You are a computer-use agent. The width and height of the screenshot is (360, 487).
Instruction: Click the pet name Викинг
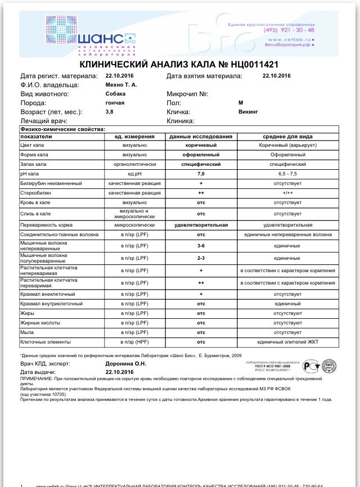248,112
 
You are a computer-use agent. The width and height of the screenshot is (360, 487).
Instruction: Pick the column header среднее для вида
287,137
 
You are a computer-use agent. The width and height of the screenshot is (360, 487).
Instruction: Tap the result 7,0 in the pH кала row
201,174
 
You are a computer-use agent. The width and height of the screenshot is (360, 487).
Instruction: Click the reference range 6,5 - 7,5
287,174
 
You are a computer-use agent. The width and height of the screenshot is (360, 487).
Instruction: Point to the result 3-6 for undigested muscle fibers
201,246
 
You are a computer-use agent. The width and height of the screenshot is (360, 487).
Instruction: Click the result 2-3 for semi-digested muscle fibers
201,258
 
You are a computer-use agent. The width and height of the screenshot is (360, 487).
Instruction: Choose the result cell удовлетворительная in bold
201,225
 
